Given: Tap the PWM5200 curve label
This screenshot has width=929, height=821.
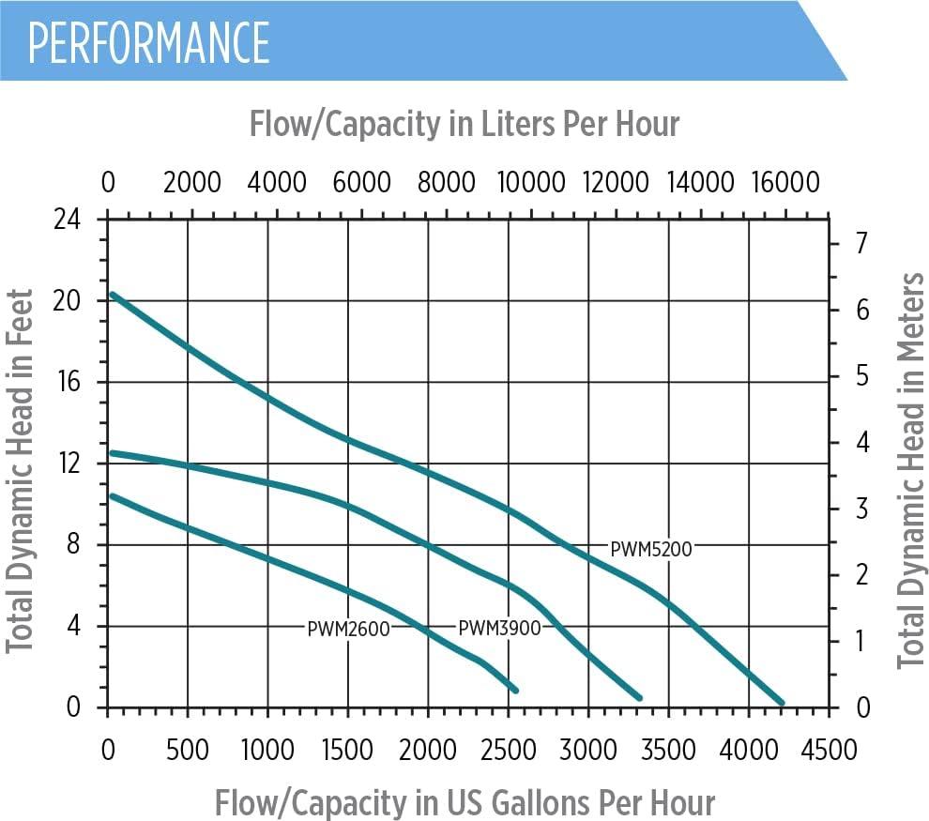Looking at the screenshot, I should pyautogui.click(x=650, y=549).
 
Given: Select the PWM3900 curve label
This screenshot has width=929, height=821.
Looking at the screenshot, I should pyautogui.click(x=499, y=628).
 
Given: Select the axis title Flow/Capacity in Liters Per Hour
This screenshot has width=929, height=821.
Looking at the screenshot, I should pyautogui.click(x=464, y=123).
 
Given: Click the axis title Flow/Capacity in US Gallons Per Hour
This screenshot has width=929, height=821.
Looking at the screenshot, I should pyautogui.click(x=464, y=802).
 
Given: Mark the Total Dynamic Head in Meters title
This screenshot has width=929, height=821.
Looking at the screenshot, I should pyautogui.click(x=910, y=471).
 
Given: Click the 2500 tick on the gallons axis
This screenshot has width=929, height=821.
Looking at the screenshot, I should pyautogui.click(x=509, y=750).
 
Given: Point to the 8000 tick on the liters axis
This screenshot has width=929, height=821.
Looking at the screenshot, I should pyautogui.click(x=446, y=181).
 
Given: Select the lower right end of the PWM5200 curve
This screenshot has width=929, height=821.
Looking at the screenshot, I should pyautogui.click(x=781, y=701).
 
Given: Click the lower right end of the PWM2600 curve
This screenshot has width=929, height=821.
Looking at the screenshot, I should pyautogui.click(x=515, y=690).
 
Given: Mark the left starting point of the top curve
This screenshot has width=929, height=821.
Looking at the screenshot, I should pyautogui.click(x=112, y=294).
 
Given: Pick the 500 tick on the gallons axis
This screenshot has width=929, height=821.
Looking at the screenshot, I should pyautogui.click(x=188, y=750).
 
